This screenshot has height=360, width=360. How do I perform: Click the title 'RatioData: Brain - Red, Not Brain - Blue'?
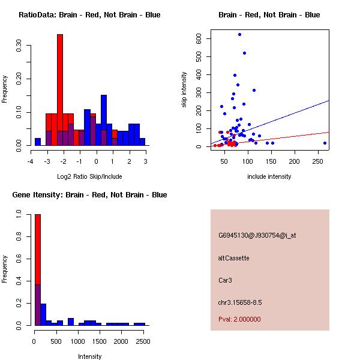89,15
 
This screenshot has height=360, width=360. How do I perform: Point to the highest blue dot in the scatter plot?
239,35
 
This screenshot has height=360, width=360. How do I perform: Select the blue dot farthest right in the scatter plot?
325,143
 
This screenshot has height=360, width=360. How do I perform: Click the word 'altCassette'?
233,258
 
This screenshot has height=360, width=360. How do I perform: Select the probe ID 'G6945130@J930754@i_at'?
257,236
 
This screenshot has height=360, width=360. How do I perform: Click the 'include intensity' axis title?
269,177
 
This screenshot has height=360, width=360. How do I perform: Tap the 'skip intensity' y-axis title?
185,90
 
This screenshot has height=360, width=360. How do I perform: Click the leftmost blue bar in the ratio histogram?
38,142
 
